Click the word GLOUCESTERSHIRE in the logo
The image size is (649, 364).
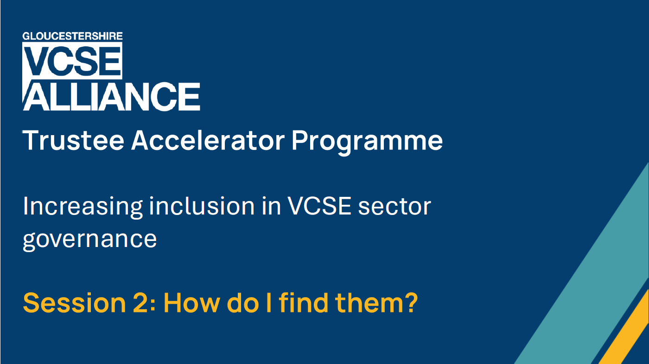pyautogui.click(x=72, y=36)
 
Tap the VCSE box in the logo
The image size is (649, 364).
pyautogui.click(x=72, y=60)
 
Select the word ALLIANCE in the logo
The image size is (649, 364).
pyautogui.click(x=112, y=97)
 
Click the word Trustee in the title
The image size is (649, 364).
pyautogui.click(x=74, y=141)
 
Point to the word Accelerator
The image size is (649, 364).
pyautogui.click(x=208, y=141)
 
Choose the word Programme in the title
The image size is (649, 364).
pyautogui.click(x=367, y=142)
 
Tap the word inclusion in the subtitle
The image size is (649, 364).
pyautogui.click(x=202, y=206)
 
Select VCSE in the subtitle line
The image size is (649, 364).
pyautogui.click(x=319, y=206)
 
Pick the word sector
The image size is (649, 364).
pyautogui.click(x=394, y=207)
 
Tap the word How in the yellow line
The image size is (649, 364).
pyautogui.click(x=192, y=303)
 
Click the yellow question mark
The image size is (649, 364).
pyautogui.click(x=408, y=302)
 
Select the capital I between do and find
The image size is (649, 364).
pyautogui.click(x=268, y=303)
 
